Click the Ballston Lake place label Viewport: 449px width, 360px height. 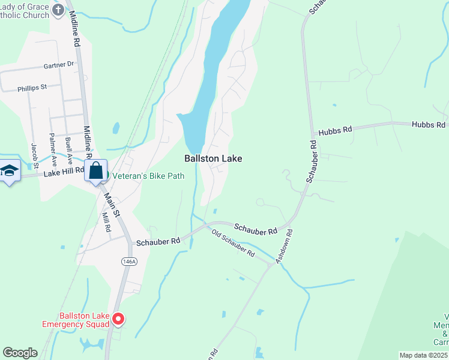click(213, 158)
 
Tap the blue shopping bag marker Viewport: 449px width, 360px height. click(96, 171)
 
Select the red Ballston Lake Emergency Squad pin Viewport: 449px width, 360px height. click(118, 319)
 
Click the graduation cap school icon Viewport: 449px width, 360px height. click(10, 172)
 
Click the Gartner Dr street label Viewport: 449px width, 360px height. click(58, 64)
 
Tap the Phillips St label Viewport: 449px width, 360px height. click(32, 88)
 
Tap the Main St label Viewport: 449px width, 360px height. click(112, 204)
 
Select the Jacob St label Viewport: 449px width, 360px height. click(34, 155)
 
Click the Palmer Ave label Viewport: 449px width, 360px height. click(53, 149)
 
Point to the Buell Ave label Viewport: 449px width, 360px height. click(70, 151)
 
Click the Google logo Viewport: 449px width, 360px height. click(20, 353)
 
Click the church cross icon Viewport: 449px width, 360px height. click(58, 10)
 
